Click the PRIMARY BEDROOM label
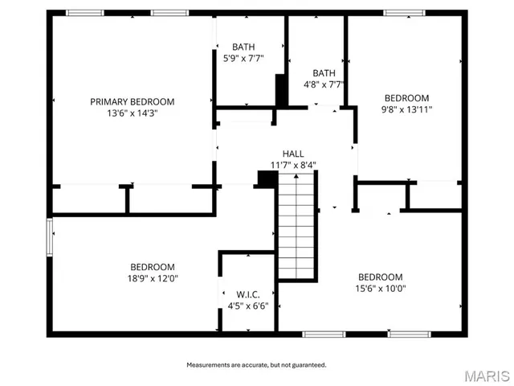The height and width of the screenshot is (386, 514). click(132, 102)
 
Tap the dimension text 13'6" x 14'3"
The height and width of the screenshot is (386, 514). click(132, 113)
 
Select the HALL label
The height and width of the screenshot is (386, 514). click(292, 154)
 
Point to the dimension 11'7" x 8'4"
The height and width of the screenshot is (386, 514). click(292, 165)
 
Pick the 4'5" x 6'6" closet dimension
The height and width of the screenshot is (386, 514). click(248, 306)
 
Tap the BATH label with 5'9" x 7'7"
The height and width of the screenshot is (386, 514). click(243, 47)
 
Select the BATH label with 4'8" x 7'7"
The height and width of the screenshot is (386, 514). click(324, 72)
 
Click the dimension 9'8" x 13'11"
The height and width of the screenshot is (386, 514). click(406, 109)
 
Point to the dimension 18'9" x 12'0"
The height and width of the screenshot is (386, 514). click(153, 278)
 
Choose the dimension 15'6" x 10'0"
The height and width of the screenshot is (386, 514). click(380, 288)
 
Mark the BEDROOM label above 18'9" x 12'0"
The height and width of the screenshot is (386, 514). click(153, 267)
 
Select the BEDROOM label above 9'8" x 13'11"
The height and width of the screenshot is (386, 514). click(406, 98)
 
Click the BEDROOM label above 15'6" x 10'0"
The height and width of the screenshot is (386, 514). click(380, 277)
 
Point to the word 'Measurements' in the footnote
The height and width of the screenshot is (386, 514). click(209, 365)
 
